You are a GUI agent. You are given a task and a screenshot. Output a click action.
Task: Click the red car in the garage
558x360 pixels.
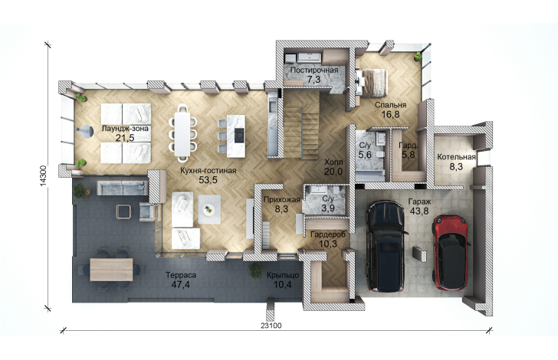click(x=451, y=252)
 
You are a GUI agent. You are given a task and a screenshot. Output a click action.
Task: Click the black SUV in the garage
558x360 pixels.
click(x=387, y=246)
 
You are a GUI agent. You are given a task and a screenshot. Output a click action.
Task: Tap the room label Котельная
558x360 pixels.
click(x=456, y=157)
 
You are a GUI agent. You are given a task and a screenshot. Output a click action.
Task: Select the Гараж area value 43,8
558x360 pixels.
click(x=419, y=211)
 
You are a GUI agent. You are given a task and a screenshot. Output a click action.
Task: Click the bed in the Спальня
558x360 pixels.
click(x=371, y=82)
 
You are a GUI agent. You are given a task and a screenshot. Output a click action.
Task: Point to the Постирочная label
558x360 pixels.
click(x=314, y=70)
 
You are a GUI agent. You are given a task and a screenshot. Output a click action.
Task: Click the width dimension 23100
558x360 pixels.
click(x=271, y=326)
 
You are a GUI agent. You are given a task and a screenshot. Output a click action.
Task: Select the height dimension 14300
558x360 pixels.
click(x=43, y=175)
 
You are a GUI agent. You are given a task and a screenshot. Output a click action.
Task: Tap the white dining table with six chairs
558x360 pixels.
click(x=182, y=133)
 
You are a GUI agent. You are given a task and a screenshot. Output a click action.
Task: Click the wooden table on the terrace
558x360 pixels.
click(x=111, y=270)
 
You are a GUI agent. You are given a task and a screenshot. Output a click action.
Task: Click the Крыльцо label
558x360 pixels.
click(x=283, y=275)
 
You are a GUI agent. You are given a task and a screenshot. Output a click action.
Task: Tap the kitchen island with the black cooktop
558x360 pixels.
click(x=236, y=136)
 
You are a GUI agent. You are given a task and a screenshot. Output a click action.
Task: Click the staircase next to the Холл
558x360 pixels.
click(x=300, y=124)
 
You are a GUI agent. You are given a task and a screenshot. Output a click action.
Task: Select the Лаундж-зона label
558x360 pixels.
click(x=125, y=129)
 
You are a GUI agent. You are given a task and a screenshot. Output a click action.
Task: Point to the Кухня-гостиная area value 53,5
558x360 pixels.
click(x=208, y=180)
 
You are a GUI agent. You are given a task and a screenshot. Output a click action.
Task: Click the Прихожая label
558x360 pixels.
click(x=282, y=200)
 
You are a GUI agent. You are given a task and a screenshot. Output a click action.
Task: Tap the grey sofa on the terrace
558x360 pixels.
click(x=123, y=188)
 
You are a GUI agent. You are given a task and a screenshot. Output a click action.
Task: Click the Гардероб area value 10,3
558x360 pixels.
click(x=329, y=244)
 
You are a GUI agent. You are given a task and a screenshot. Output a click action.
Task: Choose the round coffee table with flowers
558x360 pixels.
click(x=209, y=210)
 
